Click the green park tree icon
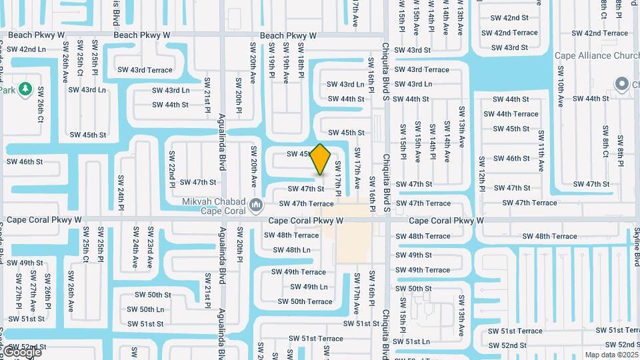25,88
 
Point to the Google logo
21,351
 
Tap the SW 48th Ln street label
292,250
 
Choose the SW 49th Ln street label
309,287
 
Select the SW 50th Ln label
145,309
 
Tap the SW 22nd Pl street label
172,169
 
